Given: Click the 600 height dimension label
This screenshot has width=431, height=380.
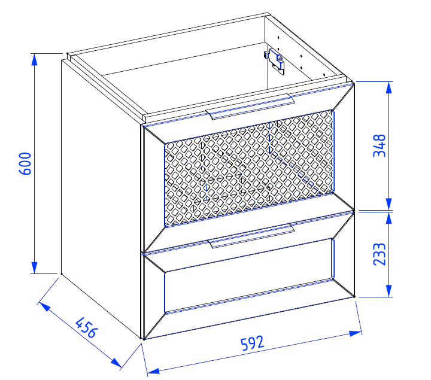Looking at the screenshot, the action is click(x=25, y=164).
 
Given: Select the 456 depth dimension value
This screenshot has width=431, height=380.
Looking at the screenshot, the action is click(x=86, y=328).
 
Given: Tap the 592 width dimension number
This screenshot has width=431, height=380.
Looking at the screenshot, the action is click(x=253, y=343).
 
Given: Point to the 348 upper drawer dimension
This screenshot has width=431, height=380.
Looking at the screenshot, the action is click(x=380, y=145).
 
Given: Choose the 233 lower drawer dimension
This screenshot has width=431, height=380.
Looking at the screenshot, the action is click(x=380, y=254).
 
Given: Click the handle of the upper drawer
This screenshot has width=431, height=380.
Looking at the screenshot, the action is click(x=250, y=107).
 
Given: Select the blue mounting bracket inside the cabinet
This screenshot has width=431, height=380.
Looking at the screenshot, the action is click(x=276, y=61).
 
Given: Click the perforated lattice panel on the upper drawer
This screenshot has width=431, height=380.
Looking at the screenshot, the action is click(x=249, y=168).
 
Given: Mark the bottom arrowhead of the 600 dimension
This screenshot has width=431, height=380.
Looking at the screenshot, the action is click(x=34, y=267).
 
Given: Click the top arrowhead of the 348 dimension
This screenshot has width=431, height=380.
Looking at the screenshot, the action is click(x=388, y=88).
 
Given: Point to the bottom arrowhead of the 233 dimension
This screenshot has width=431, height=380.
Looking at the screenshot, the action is click(x=388, y=291).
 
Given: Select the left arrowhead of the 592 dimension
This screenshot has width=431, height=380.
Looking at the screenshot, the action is click(x=153, y=371).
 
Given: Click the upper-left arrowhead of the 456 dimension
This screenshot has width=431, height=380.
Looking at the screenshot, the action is click(x=44, y=307).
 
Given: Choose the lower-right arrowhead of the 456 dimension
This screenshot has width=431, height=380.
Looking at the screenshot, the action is click(x=117, y=363).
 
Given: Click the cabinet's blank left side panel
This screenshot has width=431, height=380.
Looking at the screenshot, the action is click(x=101, y=192).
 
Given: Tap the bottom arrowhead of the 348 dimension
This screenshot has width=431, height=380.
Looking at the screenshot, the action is click(x=388, y=205).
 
